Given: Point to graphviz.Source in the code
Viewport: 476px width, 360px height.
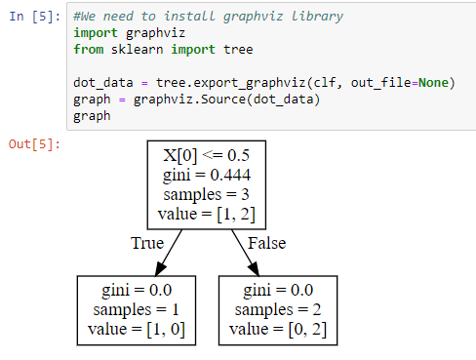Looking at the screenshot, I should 176,100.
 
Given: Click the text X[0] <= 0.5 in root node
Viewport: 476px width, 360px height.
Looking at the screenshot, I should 206,157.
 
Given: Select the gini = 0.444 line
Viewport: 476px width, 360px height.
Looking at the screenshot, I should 206,176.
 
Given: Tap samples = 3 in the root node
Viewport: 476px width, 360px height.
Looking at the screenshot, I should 206,194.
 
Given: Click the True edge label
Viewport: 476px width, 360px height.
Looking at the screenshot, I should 147,243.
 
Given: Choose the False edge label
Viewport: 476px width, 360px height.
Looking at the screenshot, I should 265,243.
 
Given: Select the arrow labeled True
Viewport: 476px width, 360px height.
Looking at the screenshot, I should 167,252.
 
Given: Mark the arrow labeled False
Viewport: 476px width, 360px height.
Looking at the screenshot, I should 245,252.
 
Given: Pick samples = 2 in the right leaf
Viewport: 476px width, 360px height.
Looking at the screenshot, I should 277,309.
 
